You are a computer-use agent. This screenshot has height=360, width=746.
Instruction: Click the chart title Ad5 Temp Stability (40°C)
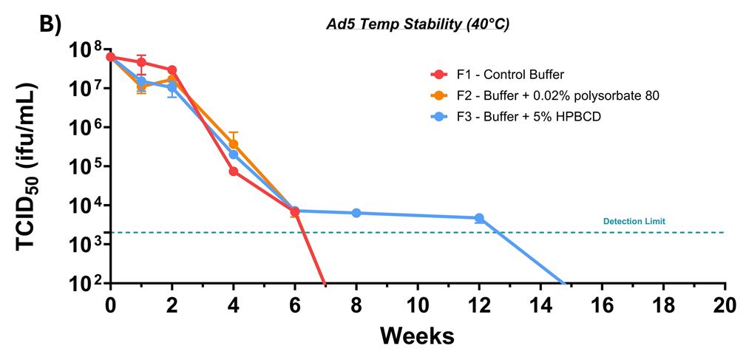click(418, 24)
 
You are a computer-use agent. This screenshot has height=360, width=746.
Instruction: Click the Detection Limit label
click(634, 221)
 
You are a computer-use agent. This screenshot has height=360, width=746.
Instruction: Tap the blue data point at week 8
click(356, 213)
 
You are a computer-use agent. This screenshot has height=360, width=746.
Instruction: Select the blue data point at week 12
click(479, 218)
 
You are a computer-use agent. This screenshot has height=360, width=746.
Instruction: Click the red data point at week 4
click(234, 171)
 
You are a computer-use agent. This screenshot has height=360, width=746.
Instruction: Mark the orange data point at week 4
click(234, 144)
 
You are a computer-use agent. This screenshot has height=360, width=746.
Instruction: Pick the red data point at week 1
click(141, 62)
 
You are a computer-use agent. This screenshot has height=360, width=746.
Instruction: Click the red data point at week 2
click(172, 70)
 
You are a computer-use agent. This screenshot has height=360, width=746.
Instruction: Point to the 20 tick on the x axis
click(725, 304)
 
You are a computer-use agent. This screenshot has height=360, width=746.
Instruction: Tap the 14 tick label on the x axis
click(540, 304)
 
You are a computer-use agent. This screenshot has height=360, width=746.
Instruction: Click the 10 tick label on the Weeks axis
click(418, 304)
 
